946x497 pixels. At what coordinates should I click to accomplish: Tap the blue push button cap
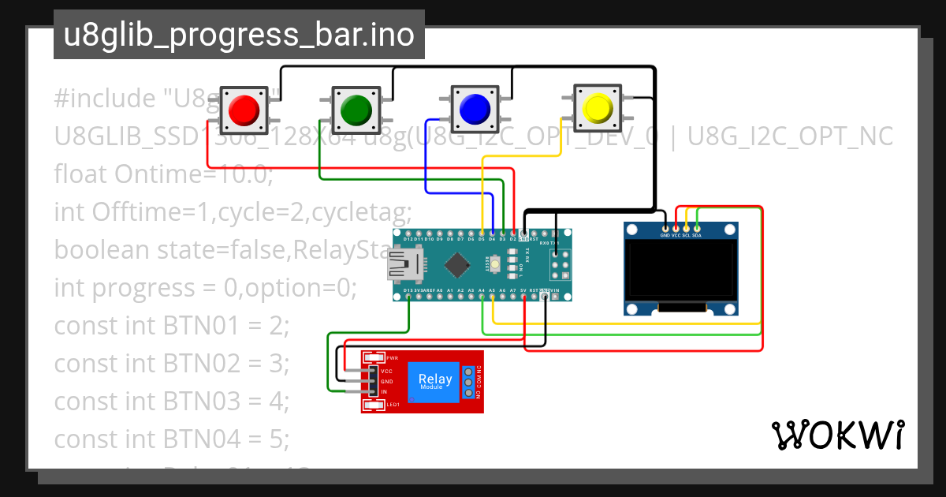point(475,107)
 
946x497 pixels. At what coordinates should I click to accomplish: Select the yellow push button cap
point(597,107)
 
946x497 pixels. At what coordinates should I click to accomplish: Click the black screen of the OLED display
point(681,271)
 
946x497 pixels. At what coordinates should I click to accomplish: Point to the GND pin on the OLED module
point(665,228)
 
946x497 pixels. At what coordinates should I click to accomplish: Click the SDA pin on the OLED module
point(697,228)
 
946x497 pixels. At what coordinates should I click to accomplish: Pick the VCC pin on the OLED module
point(676,228)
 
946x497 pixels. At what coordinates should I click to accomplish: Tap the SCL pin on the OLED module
point(686,228)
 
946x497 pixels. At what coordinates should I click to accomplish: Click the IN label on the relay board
point(385,392)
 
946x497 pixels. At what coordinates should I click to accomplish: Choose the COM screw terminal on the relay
point(468,382)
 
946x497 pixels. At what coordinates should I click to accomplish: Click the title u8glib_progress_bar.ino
point(239,35)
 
